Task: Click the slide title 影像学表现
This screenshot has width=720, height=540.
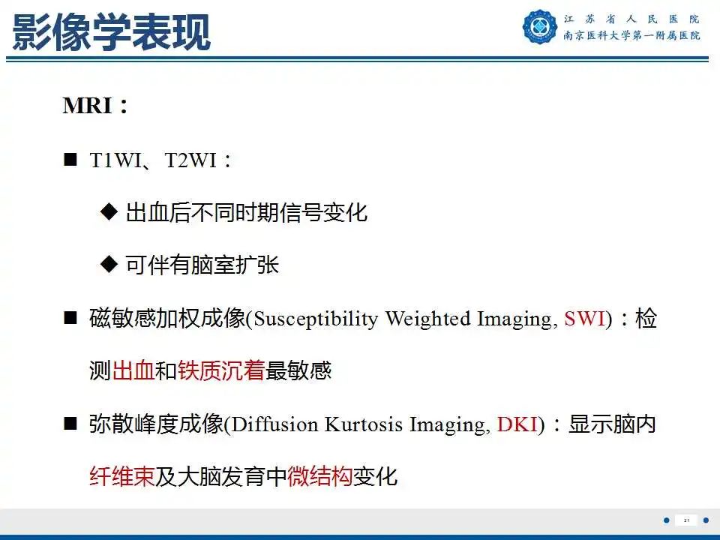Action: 111,32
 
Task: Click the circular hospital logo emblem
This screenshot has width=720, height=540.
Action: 541,27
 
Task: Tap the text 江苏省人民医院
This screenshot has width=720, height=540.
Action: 631,18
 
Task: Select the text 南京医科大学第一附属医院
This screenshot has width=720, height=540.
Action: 631,36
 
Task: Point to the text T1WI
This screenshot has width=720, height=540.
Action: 115,160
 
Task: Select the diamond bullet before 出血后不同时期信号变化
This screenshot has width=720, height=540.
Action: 109,212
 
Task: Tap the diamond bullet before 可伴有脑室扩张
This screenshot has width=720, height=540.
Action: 109,265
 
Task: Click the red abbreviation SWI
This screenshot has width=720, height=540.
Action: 584,319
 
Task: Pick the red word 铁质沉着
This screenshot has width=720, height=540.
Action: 221,371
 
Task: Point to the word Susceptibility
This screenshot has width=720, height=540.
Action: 316,319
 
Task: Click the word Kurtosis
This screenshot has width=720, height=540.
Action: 364,425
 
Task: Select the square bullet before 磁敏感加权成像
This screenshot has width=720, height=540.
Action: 71,319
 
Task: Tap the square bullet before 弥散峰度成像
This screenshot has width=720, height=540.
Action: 71,424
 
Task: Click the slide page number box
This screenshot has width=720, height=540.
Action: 685,520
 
